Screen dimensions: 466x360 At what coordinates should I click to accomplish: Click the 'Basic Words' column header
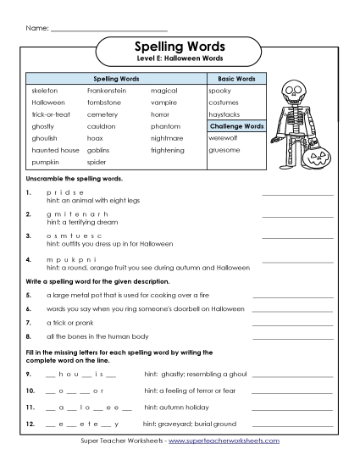click(236, 78)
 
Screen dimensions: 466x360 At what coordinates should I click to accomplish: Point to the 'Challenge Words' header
click(236, 125)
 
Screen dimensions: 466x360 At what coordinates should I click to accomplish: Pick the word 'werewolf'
click(224, 137)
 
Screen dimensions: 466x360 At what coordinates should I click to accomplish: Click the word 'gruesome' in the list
click(224, 149)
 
